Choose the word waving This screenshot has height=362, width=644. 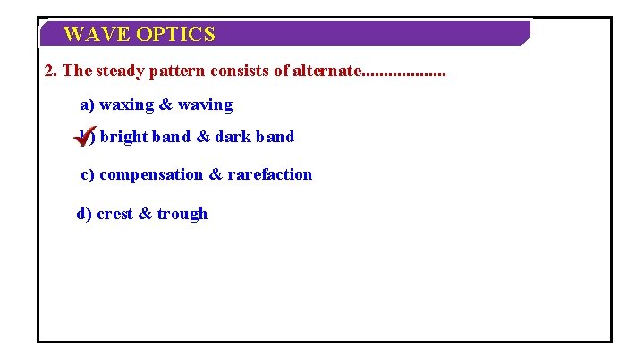(205, 105)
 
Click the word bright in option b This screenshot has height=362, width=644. (126, 138)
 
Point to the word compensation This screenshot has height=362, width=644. (151, 175)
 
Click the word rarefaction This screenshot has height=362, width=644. (270, 175)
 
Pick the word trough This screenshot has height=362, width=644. (182, 215)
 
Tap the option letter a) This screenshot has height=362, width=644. (88, 105)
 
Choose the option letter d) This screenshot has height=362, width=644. (84, 215)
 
